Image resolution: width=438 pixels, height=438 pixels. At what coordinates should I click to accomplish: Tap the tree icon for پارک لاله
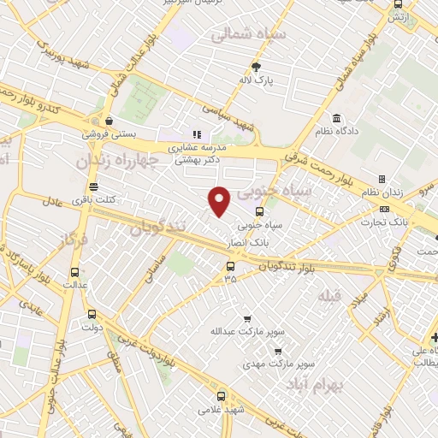[x=257, y=66]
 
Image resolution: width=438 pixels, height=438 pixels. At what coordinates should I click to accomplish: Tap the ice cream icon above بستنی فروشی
[x=108, y=121]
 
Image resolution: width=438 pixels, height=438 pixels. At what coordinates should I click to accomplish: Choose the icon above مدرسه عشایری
[x=196, y=133]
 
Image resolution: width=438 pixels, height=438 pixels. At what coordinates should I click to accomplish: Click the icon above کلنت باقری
[x=93, y=186]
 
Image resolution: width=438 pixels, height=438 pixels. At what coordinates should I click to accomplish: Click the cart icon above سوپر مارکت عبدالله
[x=246, y=318]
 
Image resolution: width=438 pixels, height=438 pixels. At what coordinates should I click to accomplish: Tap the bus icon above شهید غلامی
[x=222, y=396]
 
